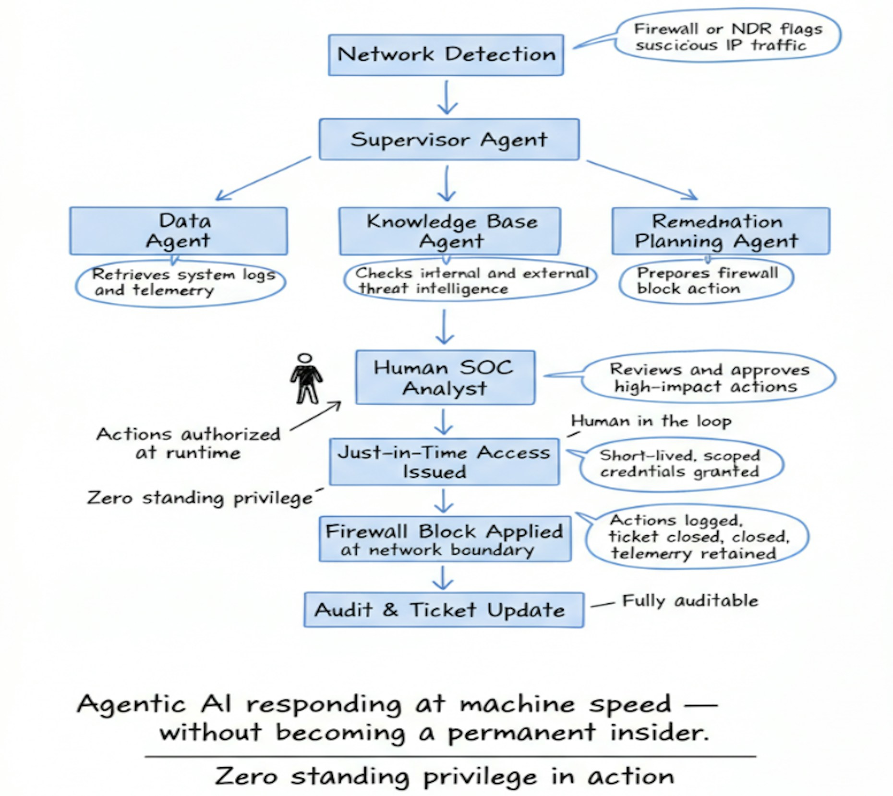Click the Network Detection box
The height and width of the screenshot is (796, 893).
[446, 55]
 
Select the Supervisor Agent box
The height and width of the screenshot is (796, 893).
[449, 139]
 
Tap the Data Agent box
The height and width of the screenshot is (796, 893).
[178, 231]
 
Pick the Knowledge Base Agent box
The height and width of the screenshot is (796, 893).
[450, 231]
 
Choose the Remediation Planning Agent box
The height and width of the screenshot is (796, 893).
[720, 231]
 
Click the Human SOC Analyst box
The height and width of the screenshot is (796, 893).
[445, 377]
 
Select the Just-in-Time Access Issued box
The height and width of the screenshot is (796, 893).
[444, 462]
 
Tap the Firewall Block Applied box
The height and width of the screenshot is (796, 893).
[445, 539]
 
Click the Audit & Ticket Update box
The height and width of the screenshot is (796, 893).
[444, 610]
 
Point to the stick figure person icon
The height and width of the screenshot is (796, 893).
[306, 379]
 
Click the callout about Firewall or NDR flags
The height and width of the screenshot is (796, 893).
[728, 36]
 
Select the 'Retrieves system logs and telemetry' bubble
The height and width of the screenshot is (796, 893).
[181, 283]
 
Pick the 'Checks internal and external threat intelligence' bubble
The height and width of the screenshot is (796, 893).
[471, 280]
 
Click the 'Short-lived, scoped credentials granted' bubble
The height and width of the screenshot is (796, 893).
[681, 463]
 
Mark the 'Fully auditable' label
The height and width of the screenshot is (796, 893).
[690, 601]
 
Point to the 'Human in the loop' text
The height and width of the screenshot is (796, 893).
[651, 421]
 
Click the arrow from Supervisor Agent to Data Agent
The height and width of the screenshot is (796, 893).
[263, 178]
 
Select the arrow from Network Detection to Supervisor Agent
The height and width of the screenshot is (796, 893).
[447, 97]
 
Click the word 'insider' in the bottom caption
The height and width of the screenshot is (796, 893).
[659, 733]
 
